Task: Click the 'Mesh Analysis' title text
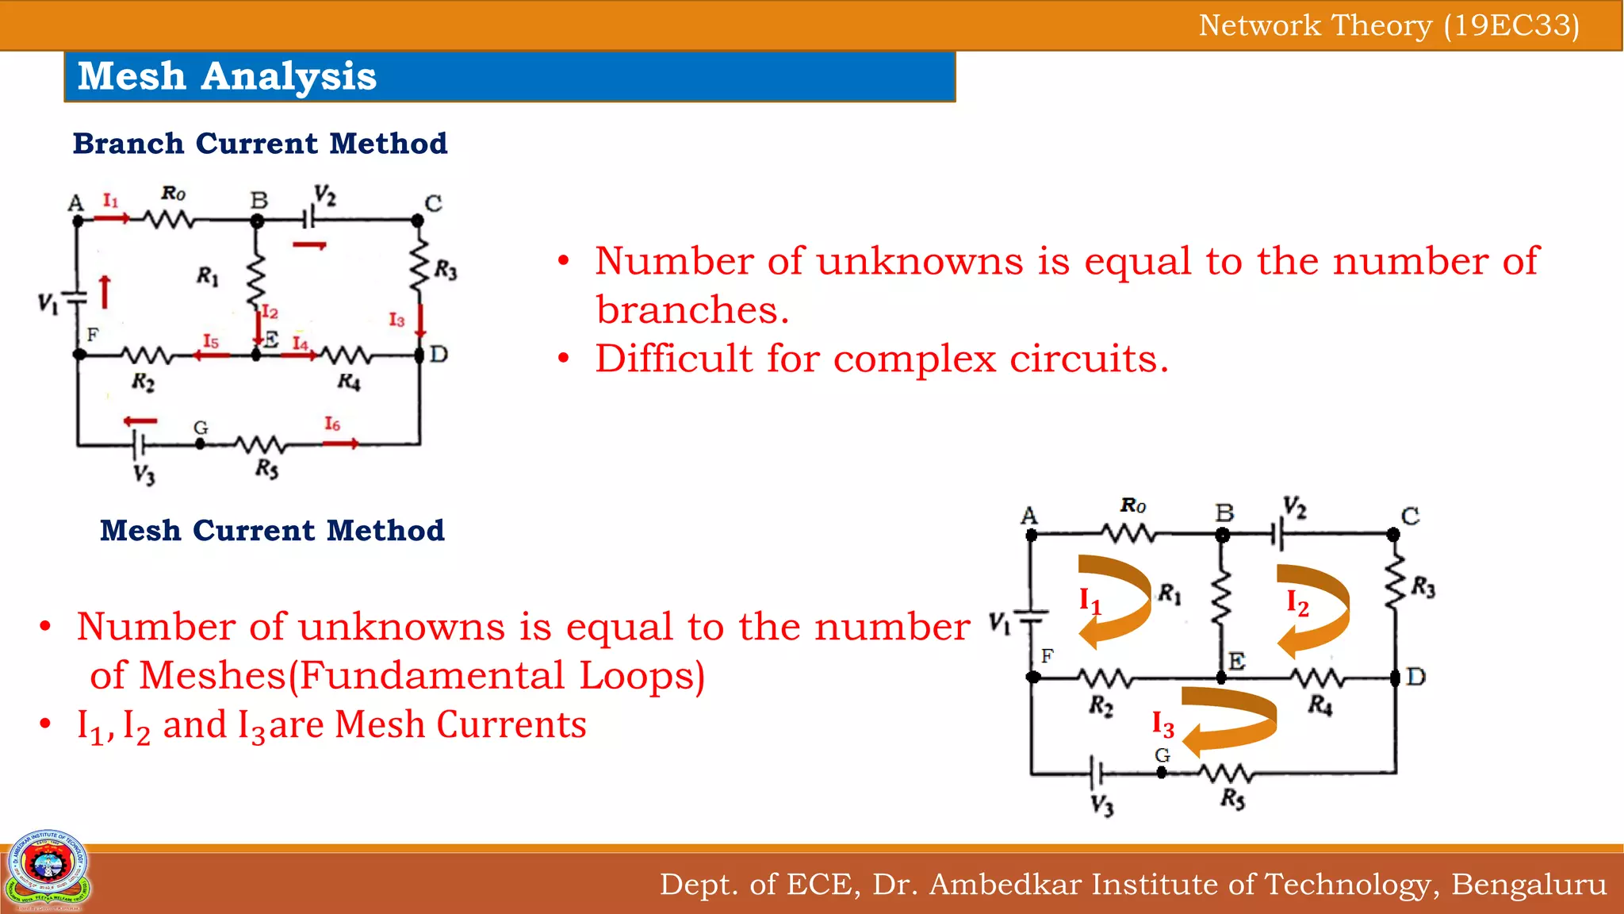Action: point(227,77)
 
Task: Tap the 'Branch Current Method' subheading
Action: point(260,144)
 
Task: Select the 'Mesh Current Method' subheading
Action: point(272,530)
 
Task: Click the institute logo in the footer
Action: point(48,869)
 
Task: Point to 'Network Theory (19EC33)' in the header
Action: point(1388,25)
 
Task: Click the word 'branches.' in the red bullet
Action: point(692,309)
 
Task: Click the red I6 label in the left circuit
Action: point(332,424)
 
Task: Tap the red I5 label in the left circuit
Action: point(210,341)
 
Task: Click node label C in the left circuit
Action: point(433,203)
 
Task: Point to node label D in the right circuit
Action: point(1415,677)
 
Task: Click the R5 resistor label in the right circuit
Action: point(1232,798)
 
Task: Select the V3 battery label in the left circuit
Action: point(144,474)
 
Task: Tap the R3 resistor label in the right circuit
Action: point(1423,587)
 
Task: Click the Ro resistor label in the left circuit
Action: point(174,193)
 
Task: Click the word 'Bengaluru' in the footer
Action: point(1529,884)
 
